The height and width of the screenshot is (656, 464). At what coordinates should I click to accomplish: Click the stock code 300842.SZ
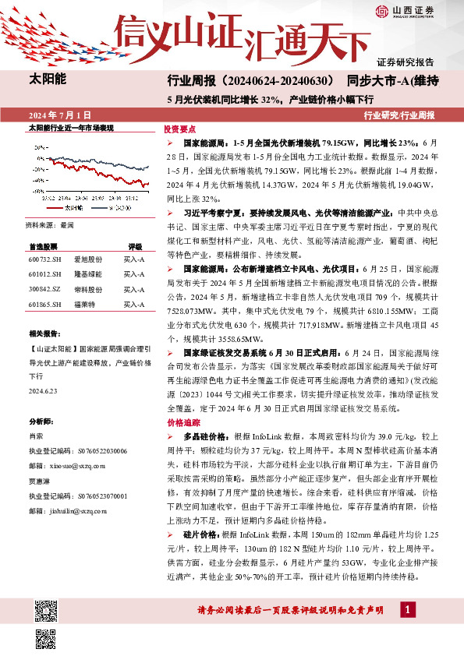coord(44,289)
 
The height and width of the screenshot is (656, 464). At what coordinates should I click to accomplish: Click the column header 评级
coord(135,245)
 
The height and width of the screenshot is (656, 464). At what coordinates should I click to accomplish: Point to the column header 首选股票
coord(44,245)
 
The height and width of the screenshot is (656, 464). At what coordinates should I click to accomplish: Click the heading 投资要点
coord(179,129)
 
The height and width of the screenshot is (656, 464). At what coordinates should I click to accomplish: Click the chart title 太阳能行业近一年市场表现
coord(71,127)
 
